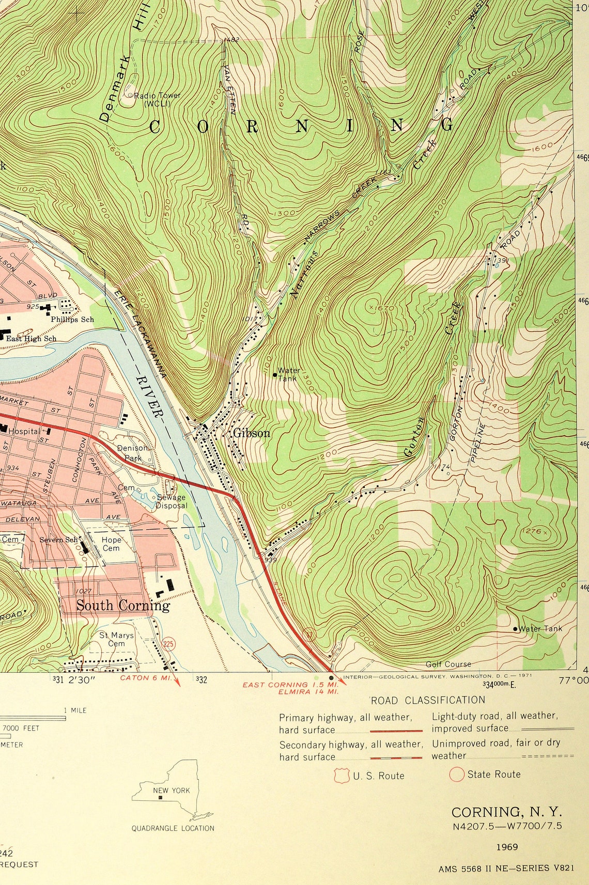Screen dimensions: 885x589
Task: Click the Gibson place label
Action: (x=251, y=433)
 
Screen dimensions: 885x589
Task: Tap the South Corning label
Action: (x=123, y=605)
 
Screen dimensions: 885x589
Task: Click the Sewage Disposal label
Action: (x=172, y=501)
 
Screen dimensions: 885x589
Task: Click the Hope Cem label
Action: (x=111, y=544)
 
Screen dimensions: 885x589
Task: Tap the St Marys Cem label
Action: (x=116, y=639)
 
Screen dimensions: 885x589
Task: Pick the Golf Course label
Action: (x=448, y=664)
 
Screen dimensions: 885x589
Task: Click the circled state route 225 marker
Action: (x=168, y=643)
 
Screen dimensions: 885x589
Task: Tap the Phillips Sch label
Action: (x=72, y=320)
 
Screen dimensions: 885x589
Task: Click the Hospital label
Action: (x=24, y=431)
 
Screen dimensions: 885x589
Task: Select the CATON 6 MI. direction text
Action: (x=142, y=678)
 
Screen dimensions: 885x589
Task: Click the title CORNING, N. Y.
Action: (x=506, y=812)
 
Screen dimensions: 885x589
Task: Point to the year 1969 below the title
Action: (x=507, y=847)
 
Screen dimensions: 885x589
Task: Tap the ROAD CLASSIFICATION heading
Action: (x=428, y=700)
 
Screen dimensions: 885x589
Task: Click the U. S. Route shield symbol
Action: (x=340, y=775)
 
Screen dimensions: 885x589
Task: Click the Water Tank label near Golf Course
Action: (x=540, y=628)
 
